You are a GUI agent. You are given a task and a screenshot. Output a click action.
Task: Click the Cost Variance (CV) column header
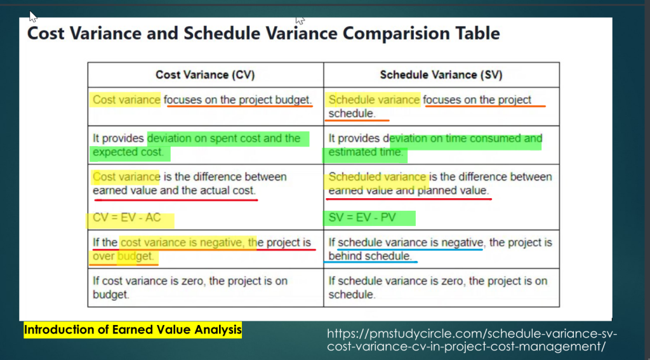pos(205,75)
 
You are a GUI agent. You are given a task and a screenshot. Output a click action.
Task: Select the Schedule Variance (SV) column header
pos(441,75)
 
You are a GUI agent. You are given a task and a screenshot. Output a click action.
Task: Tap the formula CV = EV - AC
pos(127,218)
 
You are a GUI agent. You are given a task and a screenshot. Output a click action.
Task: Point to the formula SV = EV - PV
pos(362,218)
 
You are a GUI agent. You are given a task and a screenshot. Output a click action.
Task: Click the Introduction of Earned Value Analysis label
pos(133,330)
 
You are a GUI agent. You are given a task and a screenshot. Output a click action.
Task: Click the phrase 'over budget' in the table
pos(124,257)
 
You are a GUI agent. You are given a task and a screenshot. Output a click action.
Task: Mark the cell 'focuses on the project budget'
pos(238,100)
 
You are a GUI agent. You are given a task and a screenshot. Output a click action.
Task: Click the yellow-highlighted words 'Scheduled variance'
pos(378,177)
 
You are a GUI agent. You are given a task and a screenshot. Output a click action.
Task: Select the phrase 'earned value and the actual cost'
pos(174,190)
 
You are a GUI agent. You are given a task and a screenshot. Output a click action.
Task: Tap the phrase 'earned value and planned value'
pos(409,190)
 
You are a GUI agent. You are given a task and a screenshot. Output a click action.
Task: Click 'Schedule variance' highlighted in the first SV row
pos(374,100)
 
